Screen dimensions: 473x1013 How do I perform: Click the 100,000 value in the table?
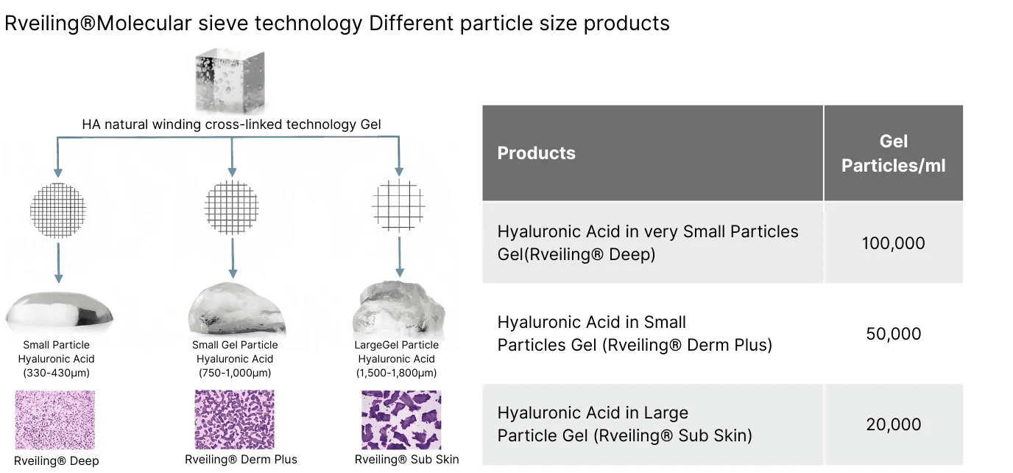click(x=893, y=243)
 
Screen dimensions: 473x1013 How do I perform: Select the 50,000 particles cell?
click(x=893, y=334)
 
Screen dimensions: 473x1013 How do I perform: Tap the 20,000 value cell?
click(x=893, y=424)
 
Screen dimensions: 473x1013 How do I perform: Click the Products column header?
click(x=537, y=153)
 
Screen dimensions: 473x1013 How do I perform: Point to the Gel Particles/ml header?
click(x=893, y=153)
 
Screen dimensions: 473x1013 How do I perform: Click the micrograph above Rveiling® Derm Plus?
click(x=234, y=419)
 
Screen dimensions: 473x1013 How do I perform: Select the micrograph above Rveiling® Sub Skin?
click(x=401, y=419)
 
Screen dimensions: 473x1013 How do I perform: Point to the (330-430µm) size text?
click(x=56, y=374)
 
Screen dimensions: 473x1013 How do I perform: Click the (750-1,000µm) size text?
click(x=235, y=374)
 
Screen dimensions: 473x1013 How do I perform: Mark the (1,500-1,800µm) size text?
click(x=398, y=374)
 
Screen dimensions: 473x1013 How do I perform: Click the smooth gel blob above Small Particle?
click(x=59, y=311)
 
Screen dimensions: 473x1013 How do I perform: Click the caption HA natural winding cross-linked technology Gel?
click(x=231, y=125)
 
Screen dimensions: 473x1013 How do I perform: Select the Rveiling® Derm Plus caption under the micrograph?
click(x=241, y=460)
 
